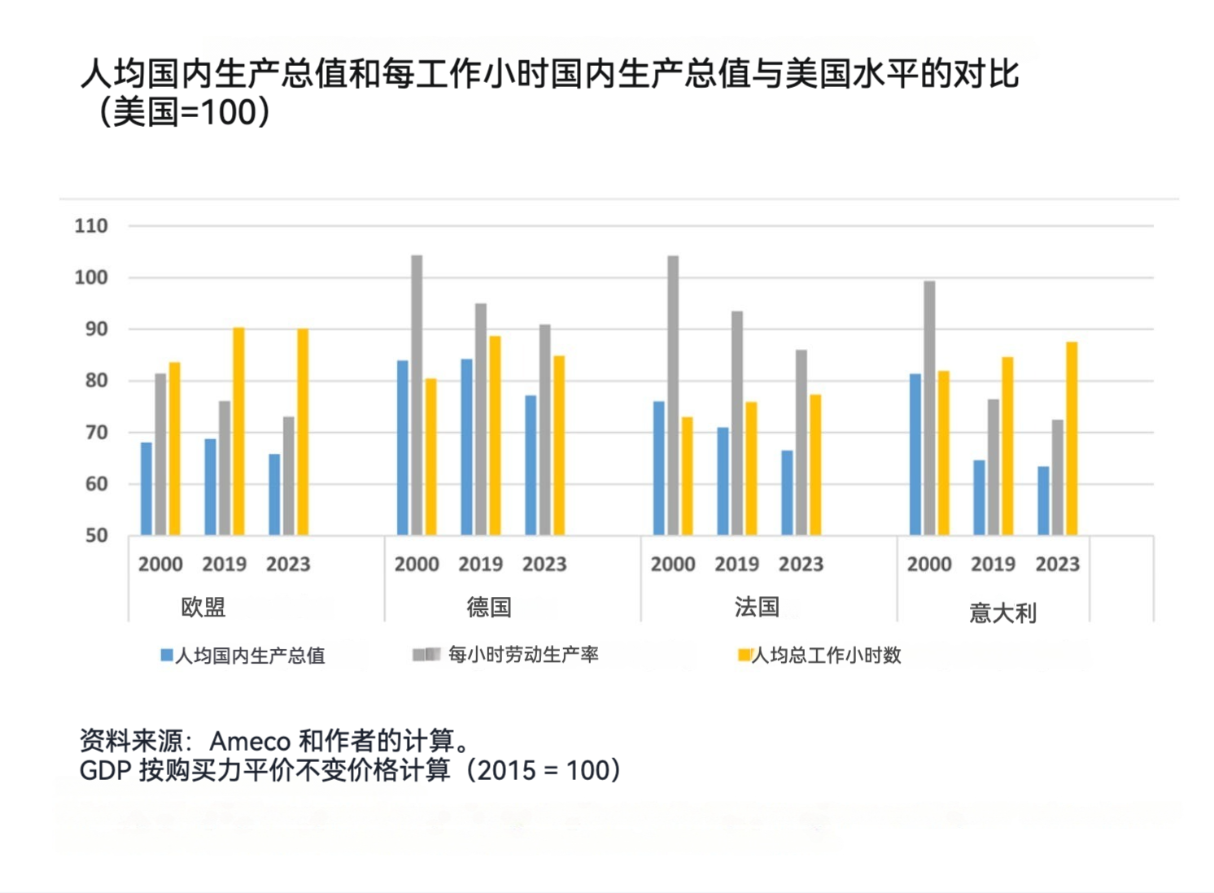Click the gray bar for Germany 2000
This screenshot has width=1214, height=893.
click(417, 395)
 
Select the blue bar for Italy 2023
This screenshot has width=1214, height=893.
click(1043, 501)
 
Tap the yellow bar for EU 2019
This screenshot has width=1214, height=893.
click(238, 431)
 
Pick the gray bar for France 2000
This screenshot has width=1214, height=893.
click(673, 395)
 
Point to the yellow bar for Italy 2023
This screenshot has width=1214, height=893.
click(1072, 438)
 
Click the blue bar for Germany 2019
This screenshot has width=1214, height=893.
click(467, 446)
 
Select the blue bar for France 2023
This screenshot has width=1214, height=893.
click(787, 493)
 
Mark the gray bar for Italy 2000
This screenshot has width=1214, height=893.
click(929, 408)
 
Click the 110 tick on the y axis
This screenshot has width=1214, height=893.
click(91, 226)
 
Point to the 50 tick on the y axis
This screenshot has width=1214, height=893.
click(96, 536)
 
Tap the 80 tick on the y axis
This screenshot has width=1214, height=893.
click(96, 381)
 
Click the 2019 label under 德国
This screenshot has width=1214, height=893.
click(480, 564)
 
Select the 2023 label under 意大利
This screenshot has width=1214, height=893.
click(1057, 564)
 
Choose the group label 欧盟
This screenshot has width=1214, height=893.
click(203, 607)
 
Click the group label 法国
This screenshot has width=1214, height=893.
click(757, 607)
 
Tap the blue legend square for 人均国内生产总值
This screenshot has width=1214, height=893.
click(167, 655)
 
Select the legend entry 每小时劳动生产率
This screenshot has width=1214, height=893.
click(522, 655)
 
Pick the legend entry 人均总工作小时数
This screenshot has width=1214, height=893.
click(826, 655)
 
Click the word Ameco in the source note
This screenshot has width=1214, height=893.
click(250, 741)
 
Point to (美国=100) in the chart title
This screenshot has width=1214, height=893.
click(184, 112)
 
